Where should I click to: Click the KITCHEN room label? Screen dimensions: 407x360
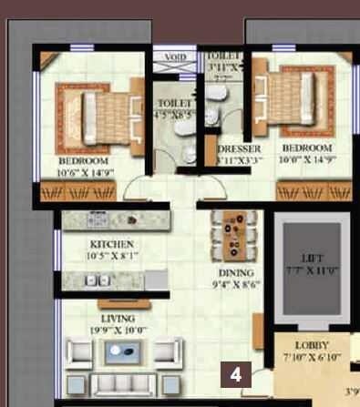coord(113,245)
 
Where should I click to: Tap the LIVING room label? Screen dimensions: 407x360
coord(118,318)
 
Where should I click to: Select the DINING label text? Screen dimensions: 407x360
coord(235,272)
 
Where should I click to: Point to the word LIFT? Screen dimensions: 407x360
coord(306,258)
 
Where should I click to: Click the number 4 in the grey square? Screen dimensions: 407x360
coord(236,374)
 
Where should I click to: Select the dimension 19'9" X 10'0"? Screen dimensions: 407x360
coord(117,329)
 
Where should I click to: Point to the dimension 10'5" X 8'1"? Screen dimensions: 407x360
coord(113,256)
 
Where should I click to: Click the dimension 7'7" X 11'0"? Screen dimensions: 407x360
coord(306,270)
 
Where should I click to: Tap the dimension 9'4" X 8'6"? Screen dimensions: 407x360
coord(235,284)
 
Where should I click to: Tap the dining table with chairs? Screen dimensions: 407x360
coord(232,236)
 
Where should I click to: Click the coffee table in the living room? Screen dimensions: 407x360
coord(123,352)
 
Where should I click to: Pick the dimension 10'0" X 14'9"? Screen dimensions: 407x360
coord(305,159)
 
